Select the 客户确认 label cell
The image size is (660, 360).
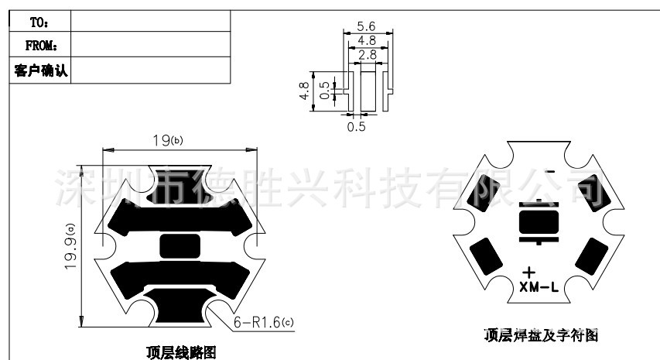(41, 71)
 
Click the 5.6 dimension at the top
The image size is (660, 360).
(367, 26)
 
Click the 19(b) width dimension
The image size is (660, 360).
(166, 141)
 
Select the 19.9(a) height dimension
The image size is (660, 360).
(72, 246)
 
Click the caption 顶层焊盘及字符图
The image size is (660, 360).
(541, 336)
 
